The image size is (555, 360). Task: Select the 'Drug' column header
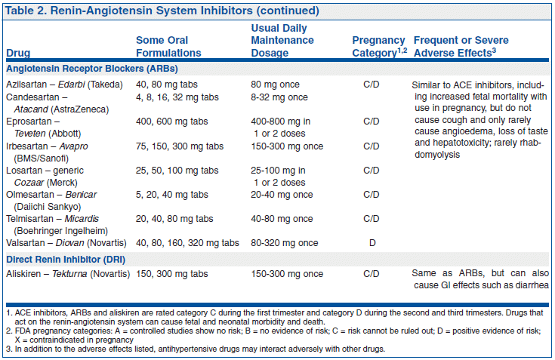(18, 53)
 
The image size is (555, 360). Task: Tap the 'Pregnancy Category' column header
(378, 46)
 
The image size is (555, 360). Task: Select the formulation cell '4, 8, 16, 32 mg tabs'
(177, 97)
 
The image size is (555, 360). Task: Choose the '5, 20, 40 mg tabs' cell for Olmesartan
(172, 194)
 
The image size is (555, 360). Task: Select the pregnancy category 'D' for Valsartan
(371, 242)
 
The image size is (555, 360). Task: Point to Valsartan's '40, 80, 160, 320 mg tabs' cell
(187, 242)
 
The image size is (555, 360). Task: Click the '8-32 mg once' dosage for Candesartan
(279, 97)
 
